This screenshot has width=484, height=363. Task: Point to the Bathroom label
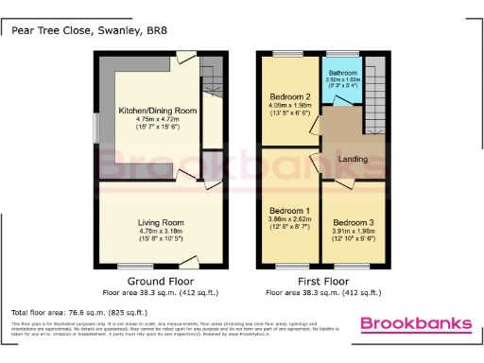(x=341, y=72)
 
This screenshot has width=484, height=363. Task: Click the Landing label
(x=354, y=159)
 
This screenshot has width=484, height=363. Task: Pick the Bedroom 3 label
(x=353, y=221)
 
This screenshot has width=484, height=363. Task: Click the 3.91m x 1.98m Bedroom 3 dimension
(x=353, y=231)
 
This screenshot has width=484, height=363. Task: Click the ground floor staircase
(x=213, y=85)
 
